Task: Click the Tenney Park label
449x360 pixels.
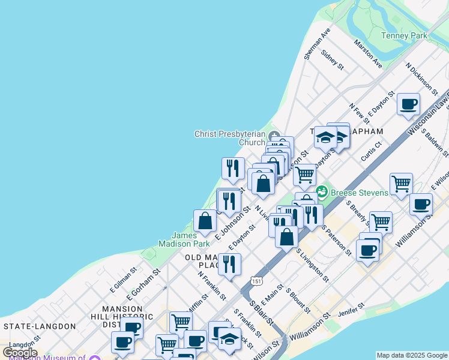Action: click(404, 35)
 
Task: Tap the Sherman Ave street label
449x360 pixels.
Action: click(318, 44)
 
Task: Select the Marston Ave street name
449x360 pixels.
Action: click(368, 53)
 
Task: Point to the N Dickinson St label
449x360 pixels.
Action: click(421, 79)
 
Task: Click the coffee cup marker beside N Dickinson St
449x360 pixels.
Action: click(409, 104)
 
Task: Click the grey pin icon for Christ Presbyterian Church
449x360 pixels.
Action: click(274, 134)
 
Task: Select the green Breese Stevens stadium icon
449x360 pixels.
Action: click(322, 191)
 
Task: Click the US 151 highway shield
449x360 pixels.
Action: click(256, 281)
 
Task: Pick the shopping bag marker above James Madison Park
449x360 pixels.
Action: click(205, 221)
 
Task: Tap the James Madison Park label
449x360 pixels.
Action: click(184, 239)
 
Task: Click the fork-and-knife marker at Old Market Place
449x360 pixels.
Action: click(229, 265)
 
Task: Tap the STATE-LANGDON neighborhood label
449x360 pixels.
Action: click(40, 326)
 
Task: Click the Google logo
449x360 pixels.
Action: click(20, 353)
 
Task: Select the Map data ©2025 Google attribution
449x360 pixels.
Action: click(412, 355)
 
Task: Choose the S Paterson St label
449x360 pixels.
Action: click(336, 240)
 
